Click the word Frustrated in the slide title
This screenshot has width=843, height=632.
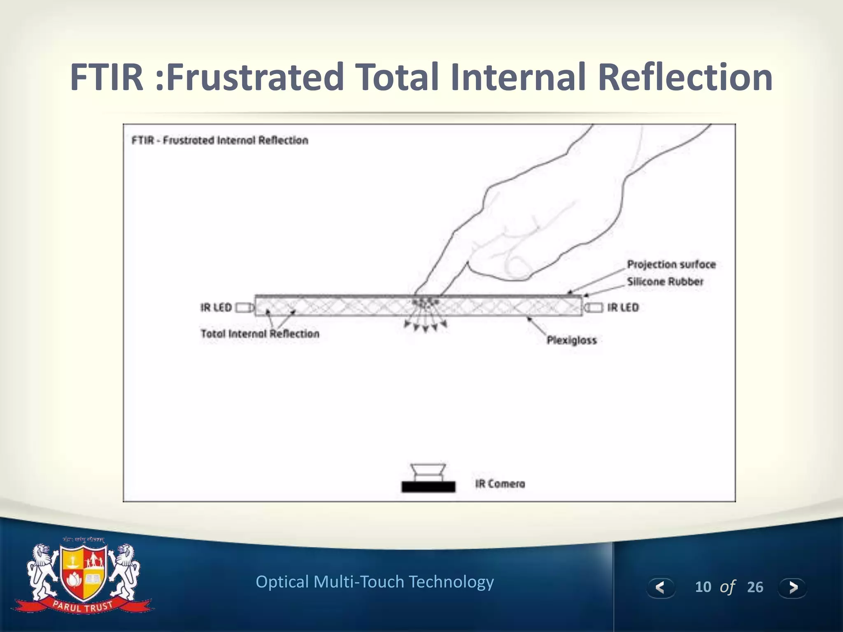pyautogui.click(x=255, y=77)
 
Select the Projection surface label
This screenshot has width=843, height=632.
pyautogui.click(x=671, y=265)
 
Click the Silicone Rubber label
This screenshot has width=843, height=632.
pyautogui.click(x=665, y=282)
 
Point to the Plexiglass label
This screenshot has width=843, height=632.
pyautogui.click(x=571, y=340)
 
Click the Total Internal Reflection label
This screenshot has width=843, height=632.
pyautogui.click(x=260, y=334)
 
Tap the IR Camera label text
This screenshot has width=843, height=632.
pyautogui.click(x=500, y=484)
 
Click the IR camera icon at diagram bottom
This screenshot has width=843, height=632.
pyautogui.click(x=428, y=479)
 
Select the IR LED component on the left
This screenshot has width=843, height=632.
pyautogui.click(x=244, y=308)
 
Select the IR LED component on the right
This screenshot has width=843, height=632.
pyautogui.click(x=594, y=307)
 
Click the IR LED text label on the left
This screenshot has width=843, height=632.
pyautogui.click(x=216, y=308)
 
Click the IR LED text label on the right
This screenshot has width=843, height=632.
pyautogui.click(x=622, y=308)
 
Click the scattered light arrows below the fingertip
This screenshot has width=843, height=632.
pyautogui.click(x=426, y=325)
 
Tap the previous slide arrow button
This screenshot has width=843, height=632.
pyautogui.click(x=660, y=587)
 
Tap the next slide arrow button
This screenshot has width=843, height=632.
pyautogui.click(x=792, y=587)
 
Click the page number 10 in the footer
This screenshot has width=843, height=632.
pyautogui.click(x=703, y=587)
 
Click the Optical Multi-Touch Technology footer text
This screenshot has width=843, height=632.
pyautogui.click(x=375, y=582)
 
